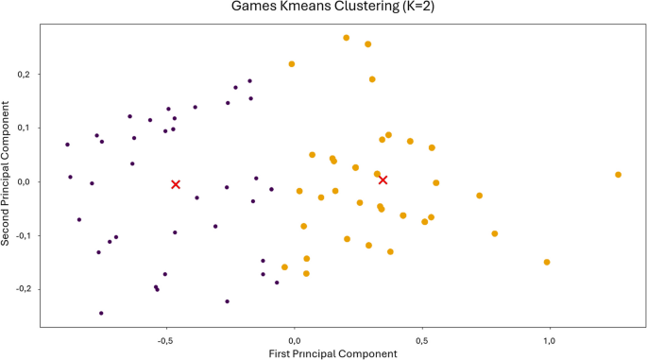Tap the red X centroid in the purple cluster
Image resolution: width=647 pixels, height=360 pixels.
coord(176,184)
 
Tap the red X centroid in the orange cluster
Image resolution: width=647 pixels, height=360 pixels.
coord(383,180)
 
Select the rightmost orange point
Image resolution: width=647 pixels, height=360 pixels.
coord(618,175)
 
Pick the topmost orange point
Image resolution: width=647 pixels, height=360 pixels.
coord(347,38)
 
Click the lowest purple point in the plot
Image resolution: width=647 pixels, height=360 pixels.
coord(101,313)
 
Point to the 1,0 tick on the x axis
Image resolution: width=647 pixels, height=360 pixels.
coord(550,338)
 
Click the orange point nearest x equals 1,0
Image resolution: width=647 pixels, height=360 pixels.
coord(547,262)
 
